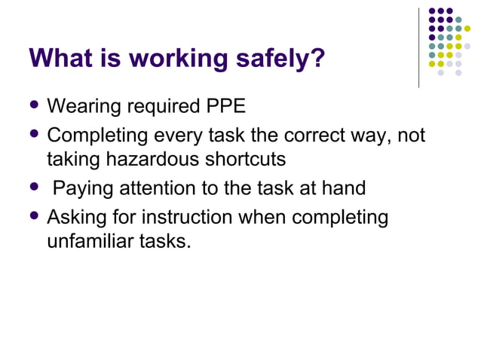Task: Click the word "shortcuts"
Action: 264,160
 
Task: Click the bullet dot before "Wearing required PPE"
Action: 33,105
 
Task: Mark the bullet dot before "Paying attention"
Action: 33,188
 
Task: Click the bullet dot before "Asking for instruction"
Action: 33,218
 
